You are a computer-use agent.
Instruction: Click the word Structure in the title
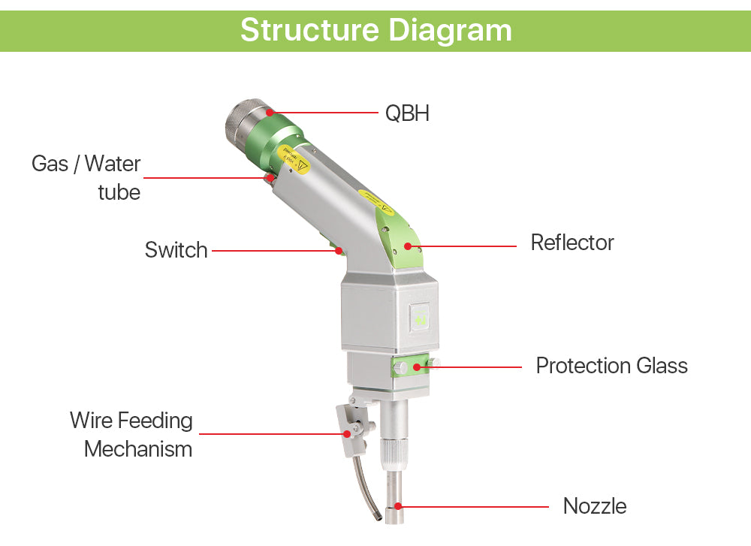tap(309, 30)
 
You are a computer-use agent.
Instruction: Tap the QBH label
tap(407, 113)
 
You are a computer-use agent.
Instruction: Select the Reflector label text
tap(572, 243)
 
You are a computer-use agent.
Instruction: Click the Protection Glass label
tap(611, 366)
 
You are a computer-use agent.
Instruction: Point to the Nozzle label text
tap(595, 505)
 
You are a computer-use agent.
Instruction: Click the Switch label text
tap(176, 250)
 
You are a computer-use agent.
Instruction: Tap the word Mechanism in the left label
tap(138, 449)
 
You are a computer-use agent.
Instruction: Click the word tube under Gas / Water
tap(119, 192)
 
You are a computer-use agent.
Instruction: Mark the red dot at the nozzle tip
tap(398, 507)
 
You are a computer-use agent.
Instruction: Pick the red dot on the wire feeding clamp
tap(347, 433)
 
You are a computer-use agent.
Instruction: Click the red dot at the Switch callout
tap(339, 250)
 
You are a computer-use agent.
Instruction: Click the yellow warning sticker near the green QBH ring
tap(294, 160)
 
